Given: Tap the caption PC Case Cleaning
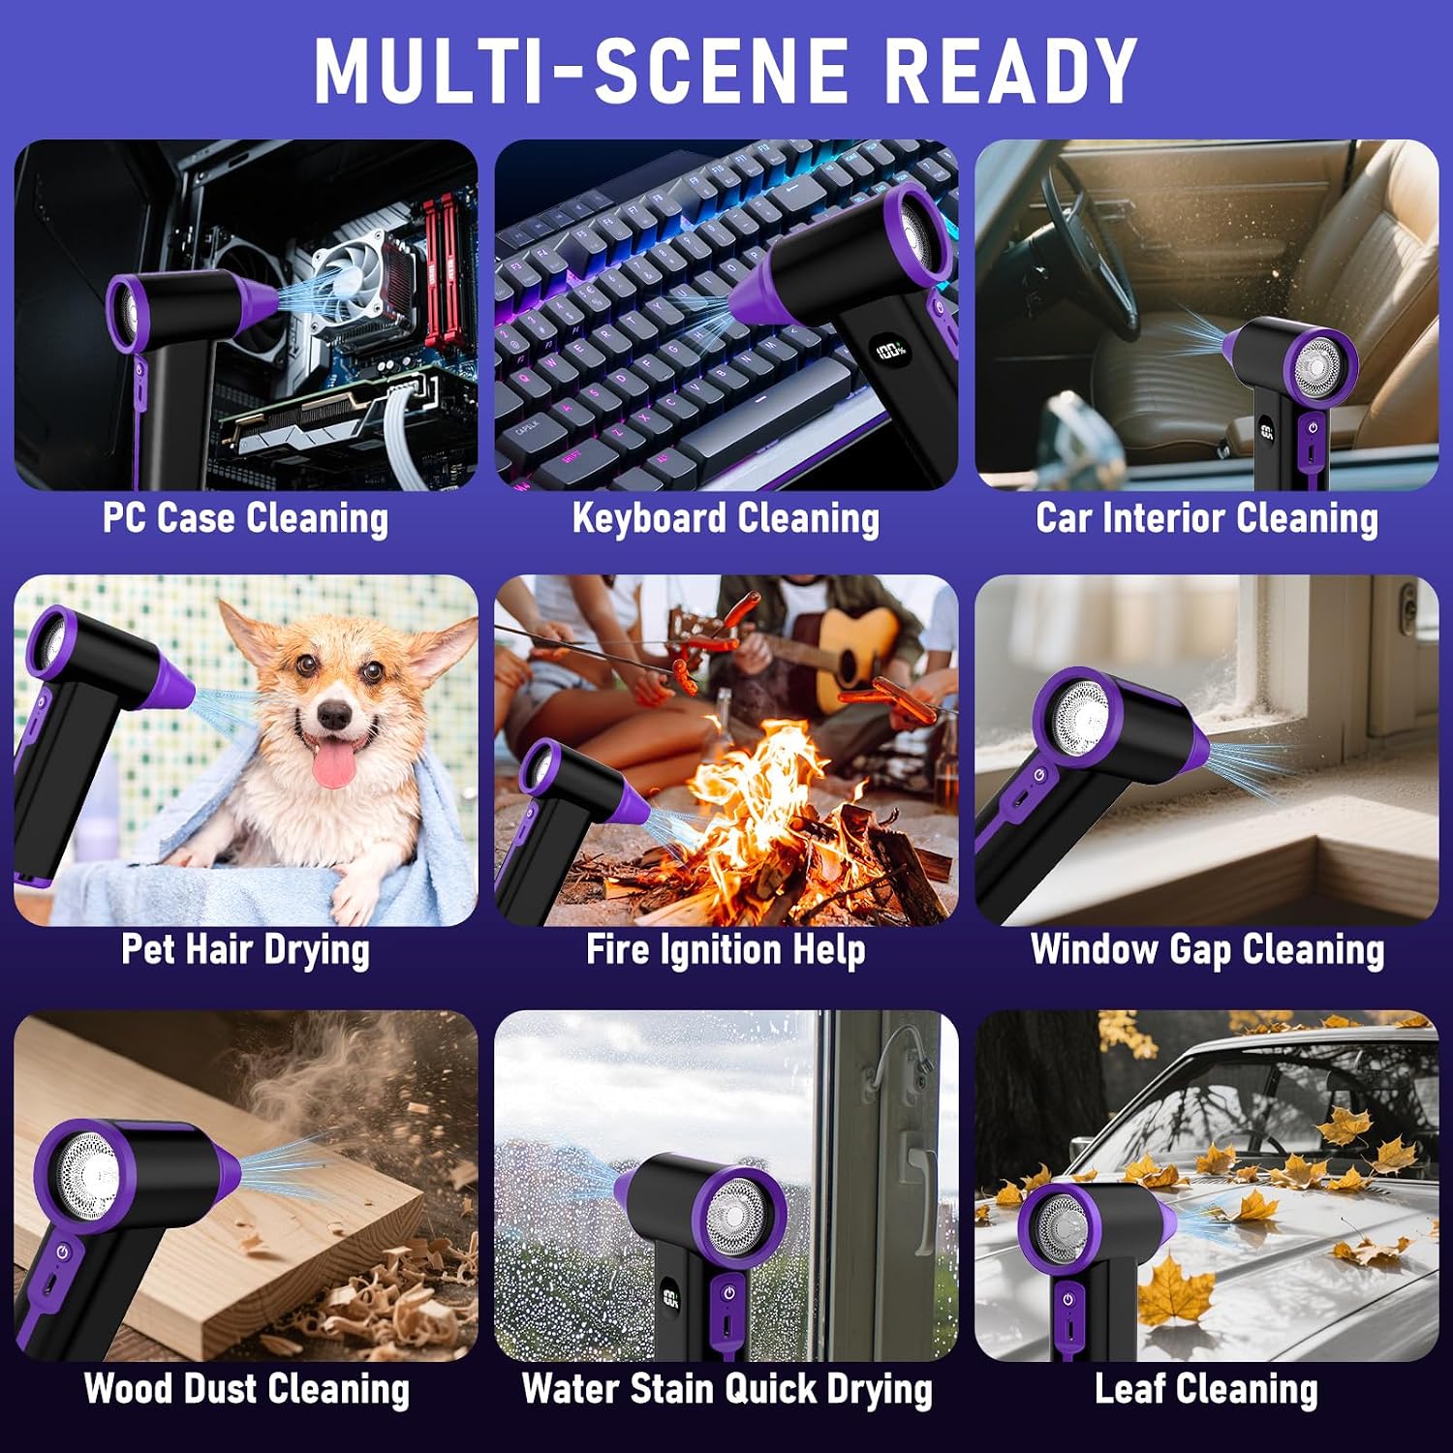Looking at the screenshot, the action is (x=246, y=517).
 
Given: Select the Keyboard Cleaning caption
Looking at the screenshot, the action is (x=726, y=517).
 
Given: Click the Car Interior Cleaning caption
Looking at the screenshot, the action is (x=1207, y=517).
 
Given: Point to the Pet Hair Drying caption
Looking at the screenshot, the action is (x=246, y=949).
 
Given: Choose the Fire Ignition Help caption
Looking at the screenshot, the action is (x=726, y=949).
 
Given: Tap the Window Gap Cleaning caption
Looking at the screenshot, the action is (x=1207, y=949).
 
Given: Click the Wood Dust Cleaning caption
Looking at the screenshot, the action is (x=246, y=1389).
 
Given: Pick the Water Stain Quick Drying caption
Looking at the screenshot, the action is (x=726, y=1389).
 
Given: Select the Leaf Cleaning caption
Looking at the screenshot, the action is (x=1207, y=1389).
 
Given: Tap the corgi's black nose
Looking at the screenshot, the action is (x=334, y=715).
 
